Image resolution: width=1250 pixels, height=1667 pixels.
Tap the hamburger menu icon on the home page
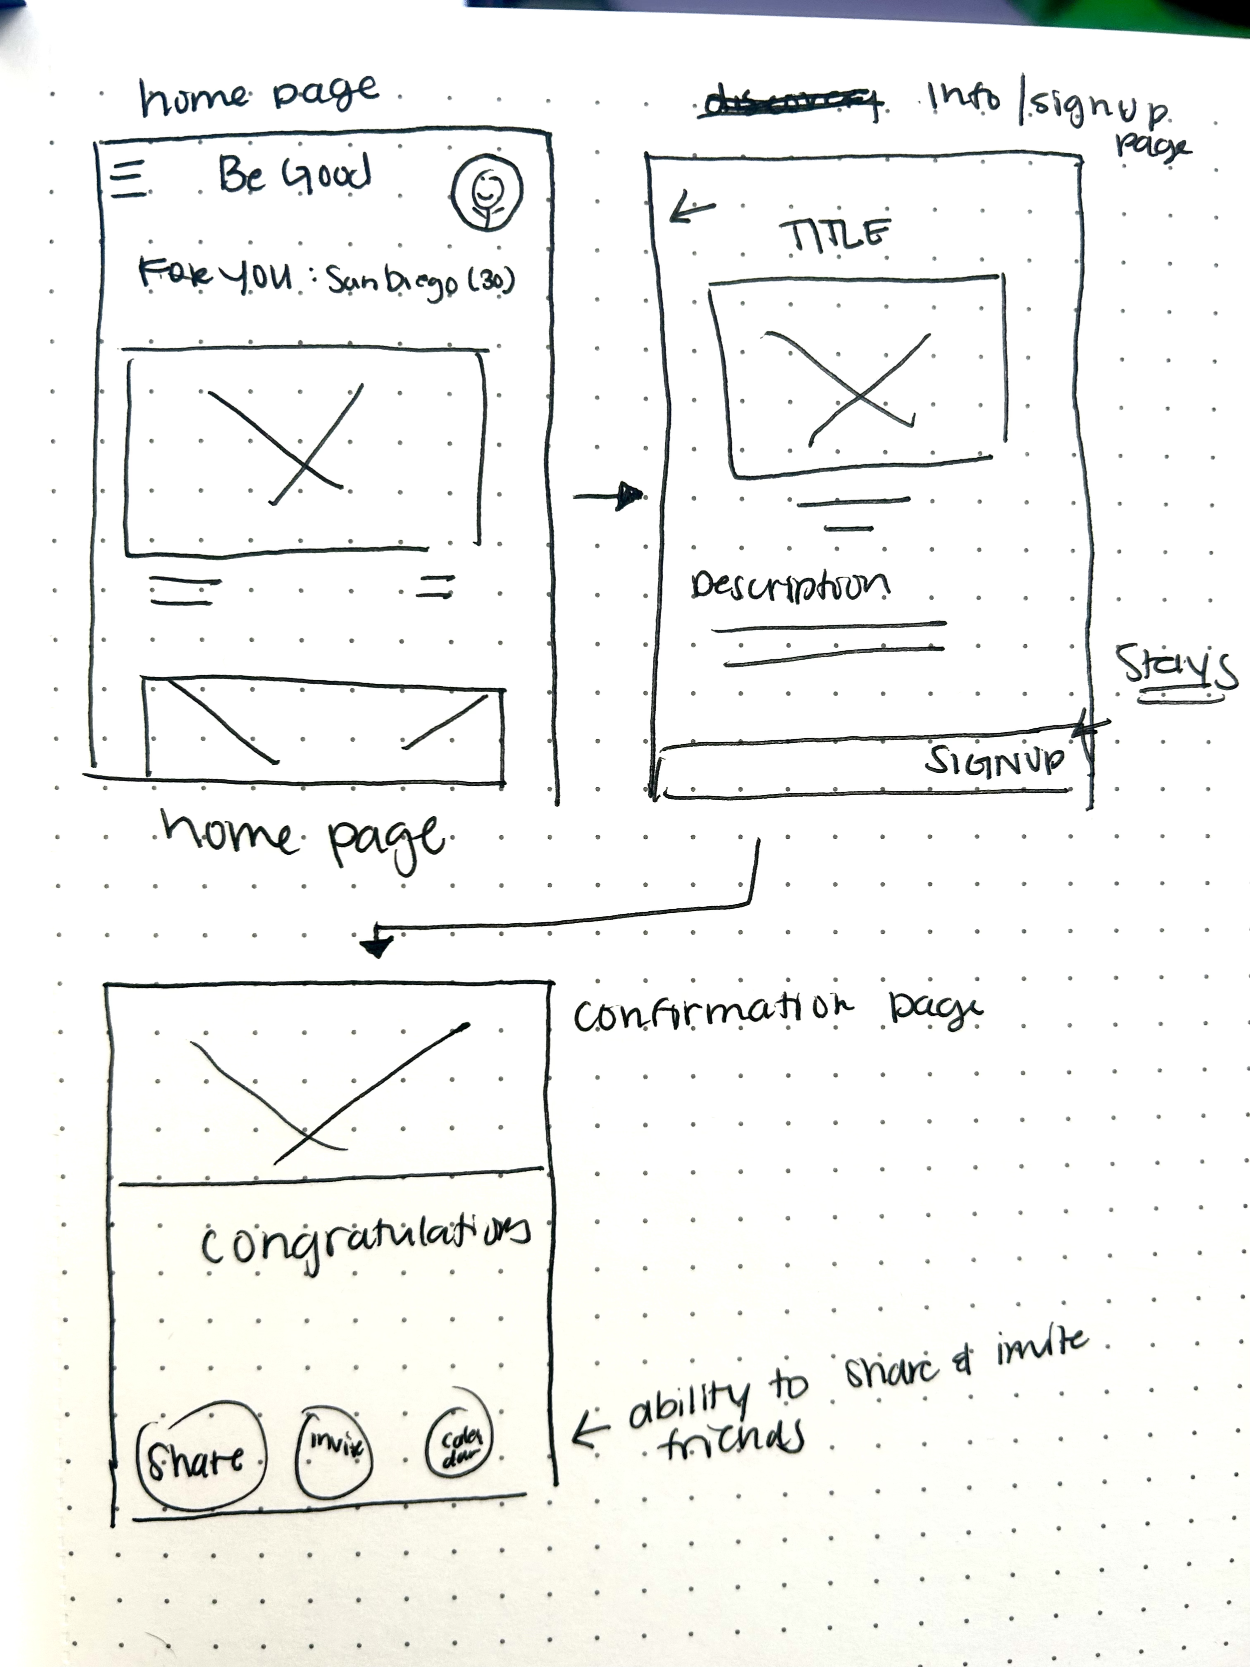pos(128,181)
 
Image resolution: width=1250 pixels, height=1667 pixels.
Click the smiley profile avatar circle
pos(486,193)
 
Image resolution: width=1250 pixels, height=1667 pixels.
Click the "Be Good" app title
pos(294,175)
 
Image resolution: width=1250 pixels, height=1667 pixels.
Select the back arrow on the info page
pos(691,207)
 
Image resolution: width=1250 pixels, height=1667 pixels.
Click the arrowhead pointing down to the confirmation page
pos(376,945)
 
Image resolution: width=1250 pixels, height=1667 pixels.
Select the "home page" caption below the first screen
pos(301,837)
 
